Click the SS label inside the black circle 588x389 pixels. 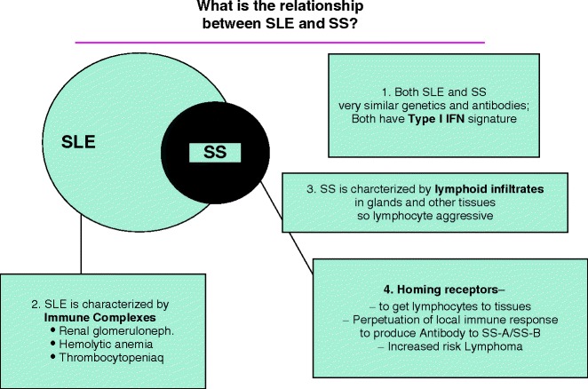coord(212,152)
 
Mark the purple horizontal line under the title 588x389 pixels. coord(280,42)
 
